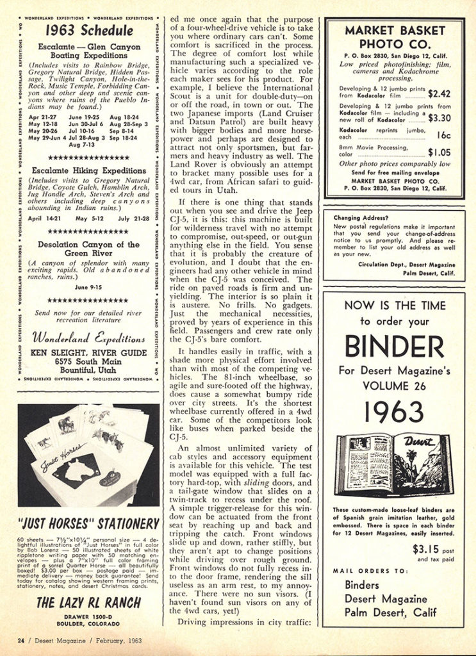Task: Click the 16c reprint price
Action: [443, 136]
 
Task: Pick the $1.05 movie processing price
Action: [439, 152]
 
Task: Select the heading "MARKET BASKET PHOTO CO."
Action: [394, 37]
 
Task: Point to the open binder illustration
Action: [393, 464]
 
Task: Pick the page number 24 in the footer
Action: [21, 640]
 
